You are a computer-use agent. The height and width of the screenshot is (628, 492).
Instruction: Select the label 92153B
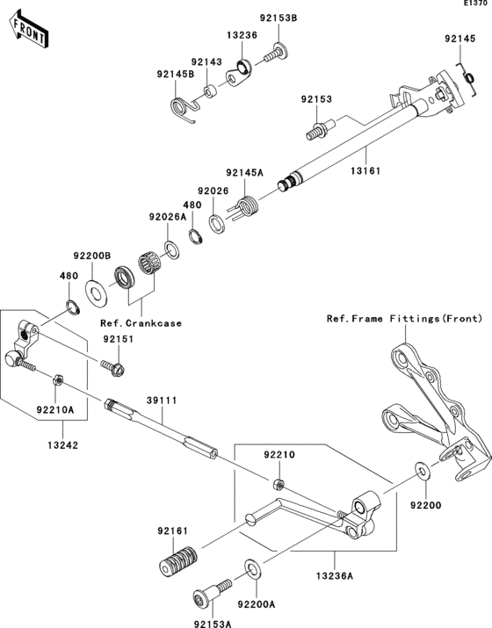[277, 18]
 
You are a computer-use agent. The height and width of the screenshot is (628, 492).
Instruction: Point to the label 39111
[163, 400]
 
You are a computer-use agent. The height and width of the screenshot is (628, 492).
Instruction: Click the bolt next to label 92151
[114, 365]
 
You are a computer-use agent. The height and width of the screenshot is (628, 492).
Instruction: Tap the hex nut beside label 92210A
[54, 379]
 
